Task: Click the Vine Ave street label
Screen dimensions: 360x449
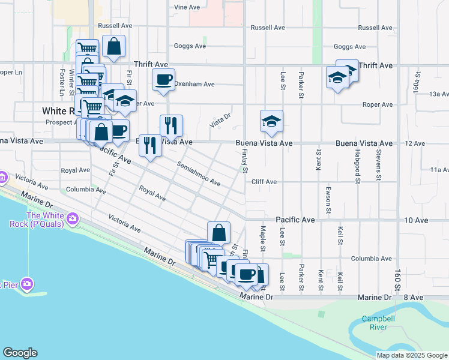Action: [x=186, y=7]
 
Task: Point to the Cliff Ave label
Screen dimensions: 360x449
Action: [x=264, y=182]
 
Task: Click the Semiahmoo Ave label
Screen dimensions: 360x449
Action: [x=199, y=173]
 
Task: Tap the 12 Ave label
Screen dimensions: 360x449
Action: [x=415, y=144]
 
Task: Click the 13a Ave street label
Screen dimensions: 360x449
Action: [x=439, y=94]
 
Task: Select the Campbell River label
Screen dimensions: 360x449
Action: [x=374, y=323]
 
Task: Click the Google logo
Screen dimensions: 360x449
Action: [x=20, y=353]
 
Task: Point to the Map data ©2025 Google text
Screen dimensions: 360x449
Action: [x=412, y=355]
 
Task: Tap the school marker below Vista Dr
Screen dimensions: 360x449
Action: [x=271, y=122]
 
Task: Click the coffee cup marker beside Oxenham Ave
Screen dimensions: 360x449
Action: [x=163, y=80]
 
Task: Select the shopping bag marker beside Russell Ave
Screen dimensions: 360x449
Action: [x=113, y=46]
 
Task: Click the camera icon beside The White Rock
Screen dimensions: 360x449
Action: [x=73, y=217]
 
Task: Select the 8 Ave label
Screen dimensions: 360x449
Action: [x=414, y=298]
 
